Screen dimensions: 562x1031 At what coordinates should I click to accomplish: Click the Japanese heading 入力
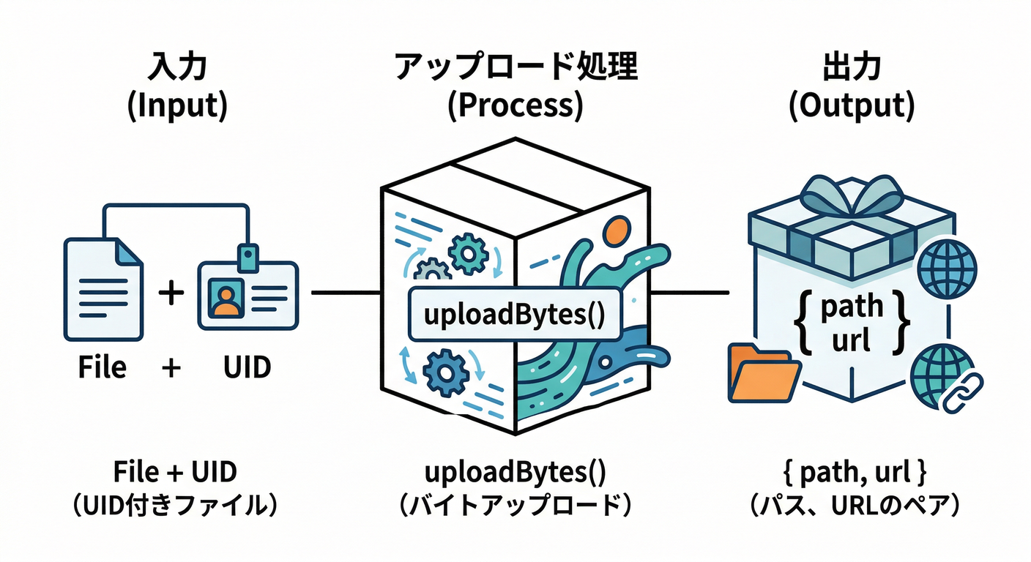pos(177,68)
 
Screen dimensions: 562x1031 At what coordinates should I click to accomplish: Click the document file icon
pos(103,288)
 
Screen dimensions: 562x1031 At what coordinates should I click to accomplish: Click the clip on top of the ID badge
pos(248,258)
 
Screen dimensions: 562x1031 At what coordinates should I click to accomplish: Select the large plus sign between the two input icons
pos(171,293)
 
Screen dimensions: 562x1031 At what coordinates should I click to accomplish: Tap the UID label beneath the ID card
pos(247,367)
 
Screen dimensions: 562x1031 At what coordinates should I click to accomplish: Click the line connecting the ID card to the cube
pos(344,293)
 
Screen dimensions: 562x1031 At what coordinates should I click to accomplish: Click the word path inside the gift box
pos(852,306)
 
